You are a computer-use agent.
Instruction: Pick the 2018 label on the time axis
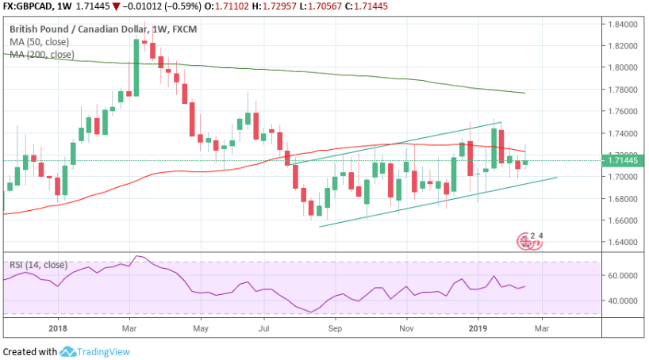58,327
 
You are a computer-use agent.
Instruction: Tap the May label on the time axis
200,327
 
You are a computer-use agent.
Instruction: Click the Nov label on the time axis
406,327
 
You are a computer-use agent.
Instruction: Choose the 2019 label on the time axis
478,327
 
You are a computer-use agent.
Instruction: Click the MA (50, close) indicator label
38,42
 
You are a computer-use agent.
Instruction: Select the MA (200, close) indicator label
41,55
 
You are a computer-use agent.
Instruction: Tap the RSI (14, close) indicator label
38,265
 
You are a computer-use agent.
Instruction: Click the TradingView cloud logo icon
67,351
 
